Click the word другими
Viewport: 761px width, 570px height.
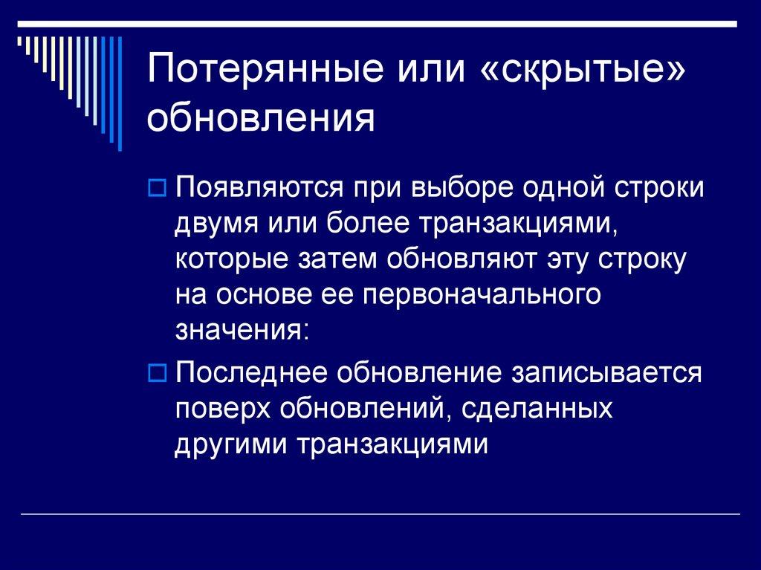pos(232,445)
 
